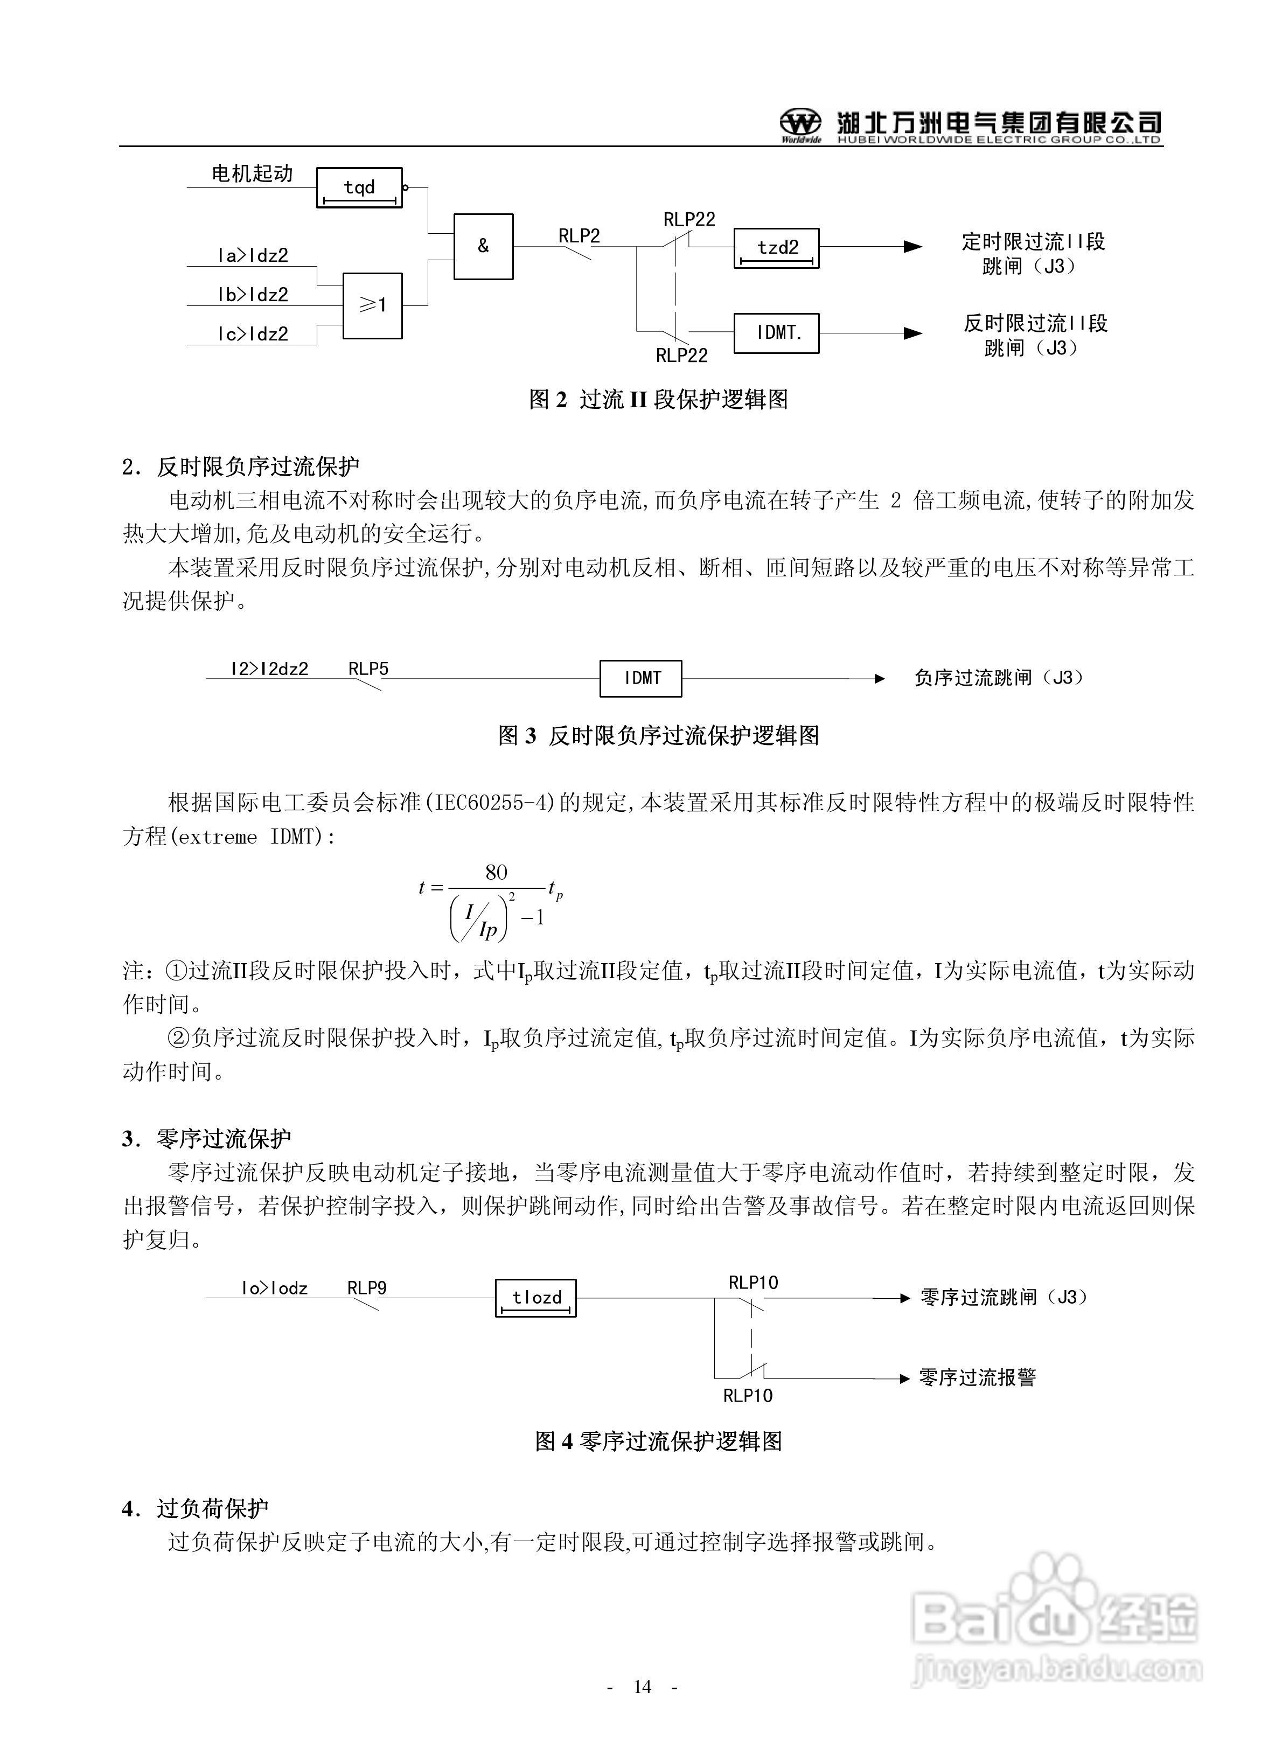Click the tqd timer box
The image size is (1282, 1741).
click(x=359, y=188)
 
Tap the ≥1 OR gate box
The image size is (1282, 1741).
click(x=373, y=305)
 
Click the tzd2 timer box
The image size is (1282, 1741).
click(x=776, y=247)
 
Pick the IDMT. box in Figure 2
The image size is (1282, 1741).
click(x=776, y=333)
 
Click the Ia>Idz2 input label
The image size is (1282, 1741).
click(x=252, y=255)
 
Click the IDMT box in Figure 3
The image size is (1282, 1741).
click(x=641, y=678)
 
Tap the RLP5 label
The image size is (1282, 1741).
click(x=368, y=668)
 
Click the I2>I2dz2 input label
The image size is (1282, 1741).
click(x=269, y=668)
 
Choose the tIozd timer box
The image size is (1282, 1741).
click(x=535, y=1297)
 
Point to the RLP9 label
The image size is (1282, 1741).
click(x=366, y=1287)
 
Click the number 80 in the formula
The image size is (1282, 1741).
click(x=496, y=872)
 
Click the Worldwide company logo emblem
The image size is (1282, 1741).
click(x=800, y=123)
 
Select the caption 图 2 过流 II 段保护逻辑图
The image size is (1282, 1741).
click(x=658, y=400)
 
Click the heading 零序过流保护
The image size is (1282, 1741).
click(x=224, y=1138)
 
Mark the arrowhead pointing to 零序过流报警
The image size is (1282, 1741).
click(x=904, y=1378)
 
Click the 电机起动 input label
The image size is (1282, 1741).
click(x=252, y=173)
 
